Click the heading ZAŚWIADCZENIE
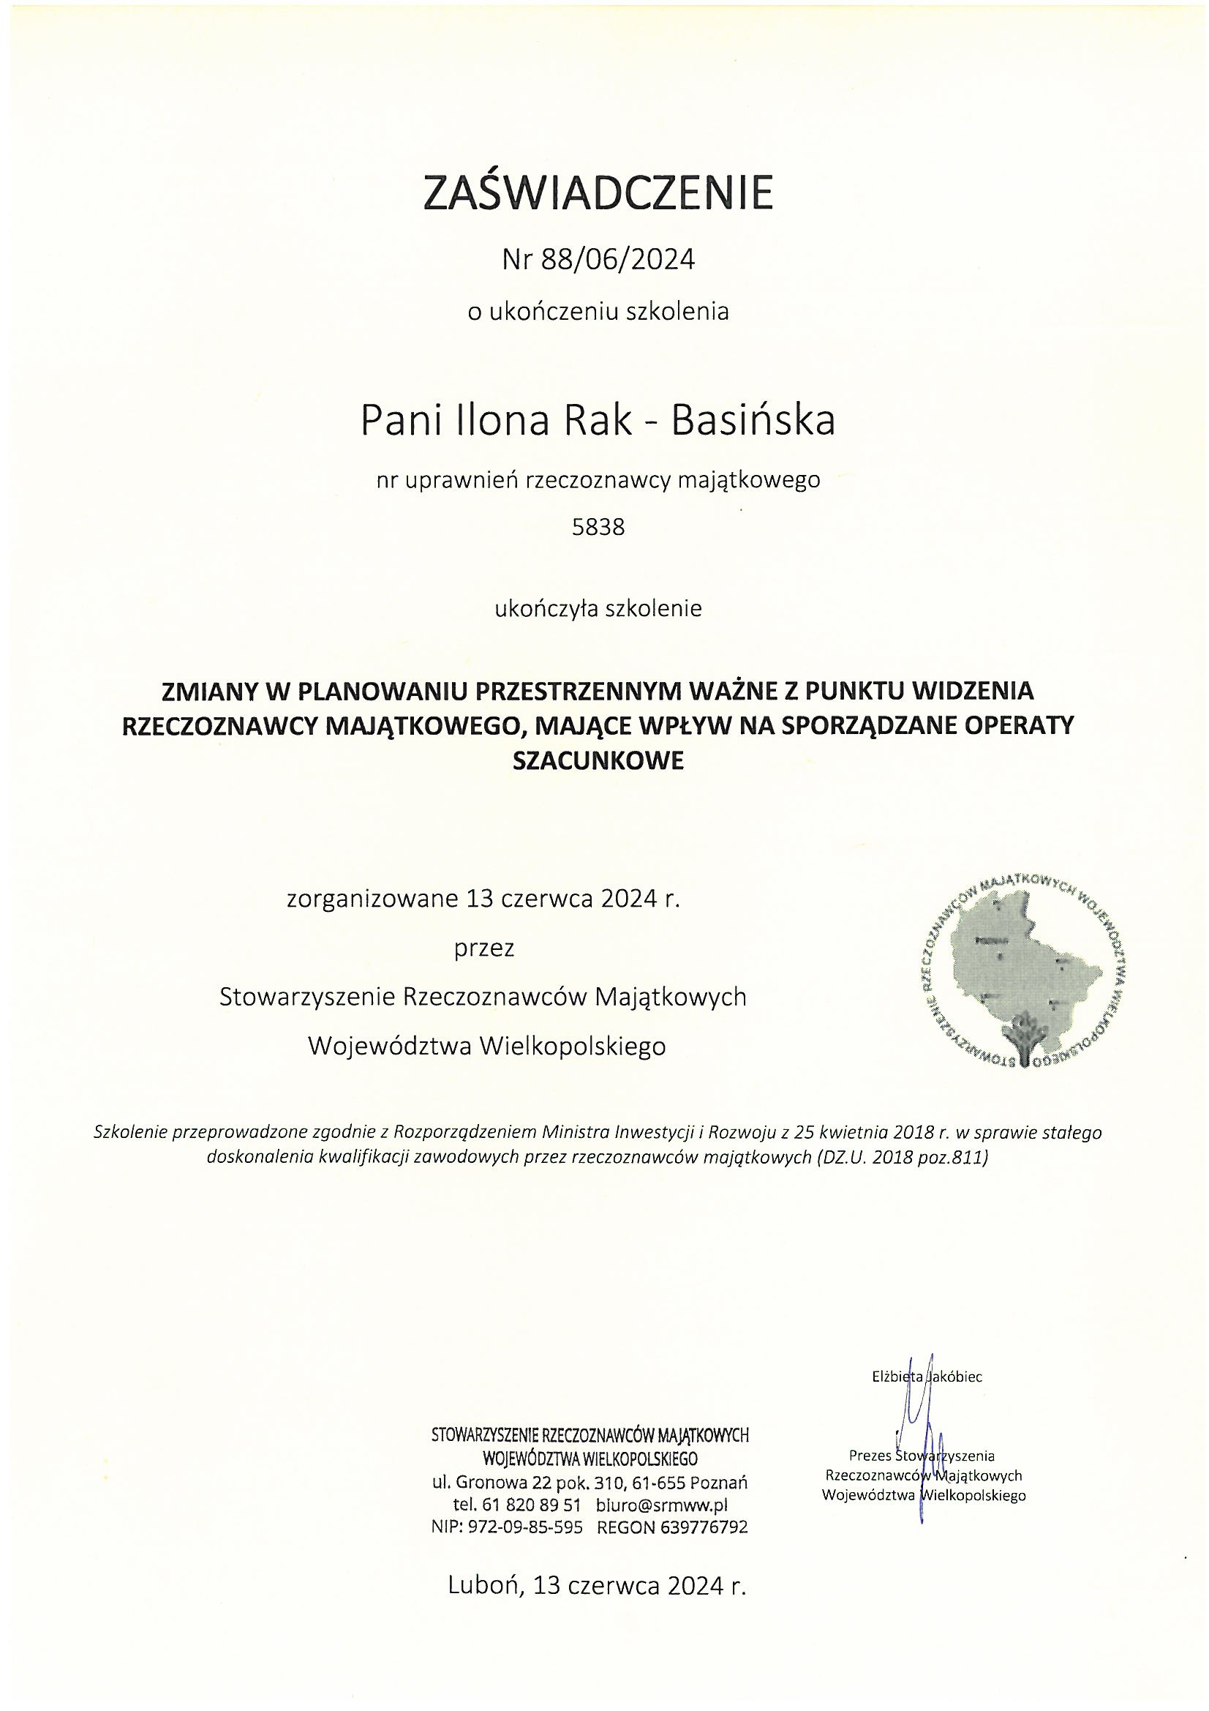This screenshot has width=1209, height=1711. pos(598,192)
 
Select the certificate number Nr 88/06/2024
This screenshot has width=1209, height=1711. pos(598,260)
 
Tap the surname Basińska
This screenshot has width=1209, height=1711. pos(753,421)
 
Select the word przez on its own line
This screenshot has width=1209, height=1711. pos(484,948)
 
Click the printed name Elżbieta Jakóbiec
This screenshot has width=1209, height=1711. pos(927,1377)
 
